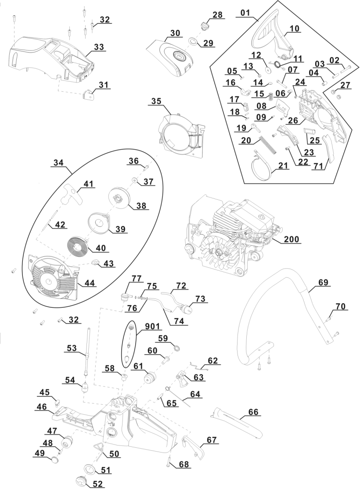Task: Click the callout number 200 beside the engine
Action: click(292, 239)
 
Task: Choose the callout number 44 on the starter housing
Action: click(90, 283)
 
